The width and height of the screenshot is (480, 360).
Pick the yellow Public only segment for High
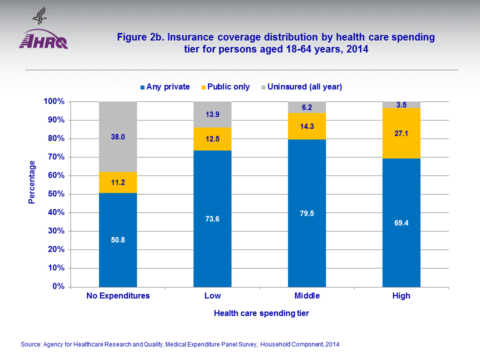[x=401, y=133]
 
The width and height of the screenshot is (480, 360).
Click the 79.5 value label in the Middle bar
[x=307, y=213]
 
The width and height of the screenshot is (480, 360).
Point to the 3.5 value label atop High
[x=401, y=105]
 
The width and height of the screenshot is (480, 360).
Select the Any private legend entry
[x=165, y=87]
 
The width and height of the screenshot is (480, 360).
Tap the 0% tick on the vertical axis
[x=58, y=286]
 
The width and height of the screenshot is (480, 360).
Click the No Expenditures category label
[x=118, y=295]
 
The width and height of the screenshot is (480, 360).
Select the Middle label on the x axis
[x=307, y=295]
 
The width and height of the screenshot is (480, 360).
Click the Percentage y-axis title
[x=32, y=182]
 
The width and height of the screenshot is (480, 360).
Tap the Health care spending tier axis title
[x=261, y=313]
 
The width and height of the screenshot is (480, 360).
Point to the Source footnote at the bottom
[x=180, y=344]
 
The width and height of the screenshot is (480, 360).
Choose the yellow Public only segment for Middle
[x=307, y=126]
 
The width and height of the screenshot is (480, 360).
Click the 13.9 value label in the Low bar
[x=212, y=114]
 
